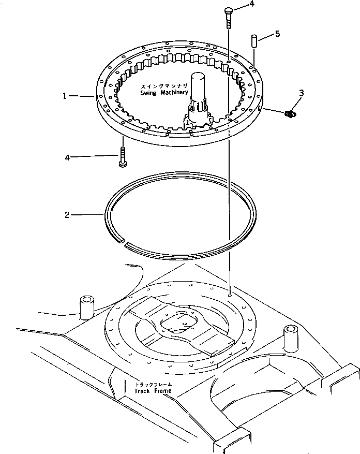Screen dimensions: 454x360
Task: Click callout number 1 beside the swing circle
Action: [65, 96]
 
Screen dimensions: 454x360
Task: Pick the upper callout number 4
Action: [251, 4]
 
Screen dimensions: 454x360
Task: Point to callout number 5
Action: [278, 34]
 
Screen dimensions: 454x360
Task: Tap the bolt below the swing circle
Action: [122, 157]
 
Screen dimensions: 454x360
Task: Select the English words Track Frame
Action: [153, 390]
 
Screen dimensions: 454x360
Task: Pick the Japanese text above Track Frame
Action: [153, 384]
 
